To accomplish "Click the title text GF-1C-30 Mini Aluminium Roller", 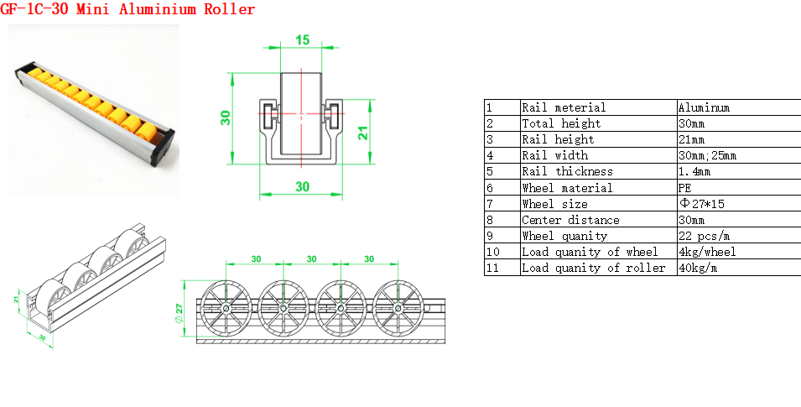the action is [127, 8].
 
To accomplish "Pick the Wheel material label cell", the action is [599, 188].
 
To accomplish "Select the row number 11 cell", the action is [502, 268].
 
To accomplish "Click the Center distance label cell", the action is [599, 220].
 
